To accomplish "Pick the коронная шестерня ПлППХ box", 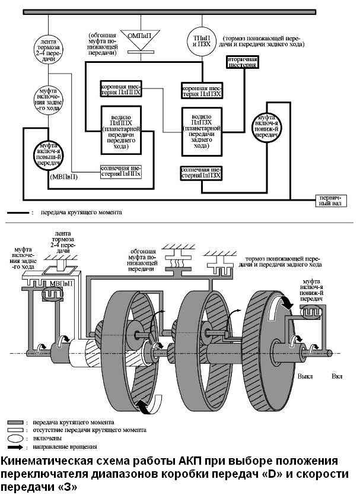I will point(122,89).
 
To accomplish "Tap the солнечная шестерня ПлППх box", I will point(121,172).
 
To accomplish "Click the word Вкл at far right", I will point(337,376).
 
